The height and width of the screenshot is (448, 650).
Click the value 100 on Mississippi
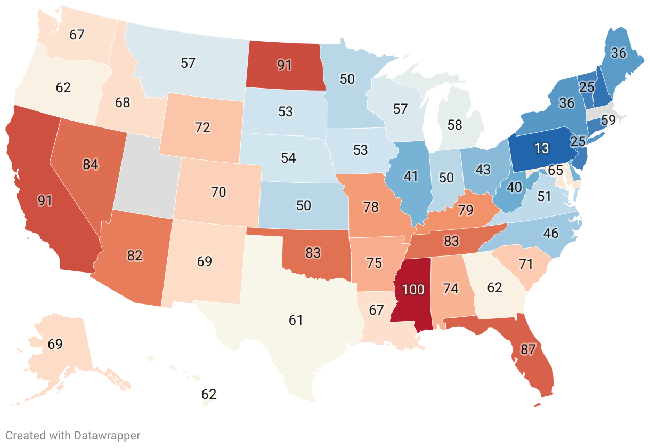[x=413, y=290]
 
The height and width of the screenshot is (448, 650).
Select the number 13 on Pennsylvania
[x=541, y=149]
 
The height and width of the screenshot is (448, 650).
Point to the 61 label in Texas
[x=296, y=320]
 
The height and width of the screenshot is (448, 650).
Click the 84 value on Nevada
[x=91, y=164]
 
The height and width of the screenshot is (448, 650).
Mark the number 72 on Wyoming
[x=203, y=127]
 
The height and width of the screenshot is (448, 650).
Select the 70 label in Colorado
[x=218, y=191]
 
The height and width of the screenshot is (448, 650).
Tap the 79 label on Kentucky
[x=465, y=210]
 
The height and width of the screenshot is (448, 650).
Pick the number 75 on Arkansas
[x=375, y=263]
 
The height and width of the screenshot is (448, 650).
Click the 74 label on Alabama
[x=450, y=288]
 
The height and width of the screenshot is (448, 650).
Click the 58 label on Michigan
[x=454, y=125]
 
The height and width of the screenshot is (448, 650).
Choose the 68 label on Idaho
[x=123, y=102]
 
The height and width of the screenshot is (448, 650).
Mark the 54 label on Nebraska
[x=288, y=158]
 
